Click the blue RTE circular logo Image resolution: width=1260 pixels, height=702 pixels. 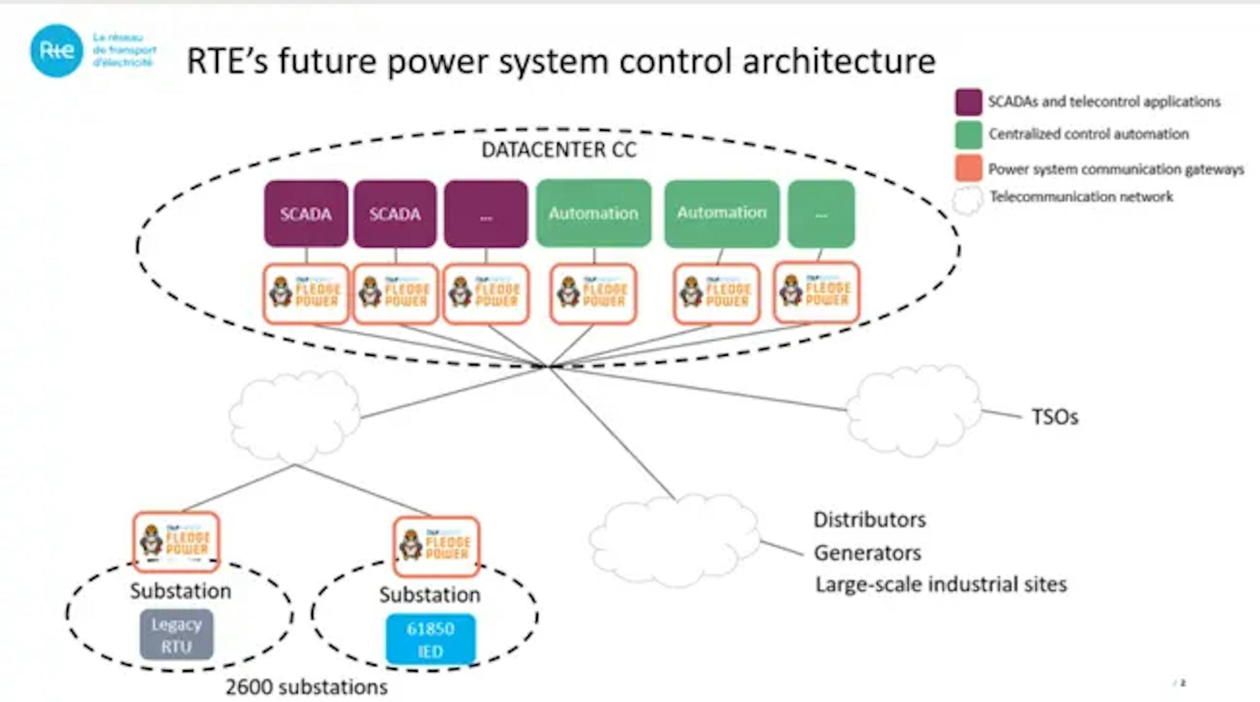point(57,51)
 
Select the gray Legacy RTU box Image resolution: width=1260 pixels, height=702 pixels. point(176,635)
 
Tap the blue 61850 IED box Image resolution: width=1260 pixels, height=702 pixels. point(430,639)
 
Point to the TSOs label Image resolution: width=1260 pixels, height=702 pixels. point(1054,417)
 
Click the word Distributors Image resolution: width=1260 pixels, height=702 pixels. point(869,520)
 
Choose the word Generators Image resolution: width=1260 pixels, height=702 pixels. point(867,553)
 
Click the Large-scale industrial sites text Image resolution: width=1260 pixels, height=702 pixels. point(941,585)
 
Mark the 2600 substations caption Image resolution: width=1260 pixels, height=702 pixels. point(306,687)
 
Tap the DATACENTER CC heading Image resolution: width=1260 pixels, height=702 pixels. point(558,150)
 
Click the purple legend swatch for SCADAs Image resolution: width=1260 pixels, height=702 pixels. point(968,102)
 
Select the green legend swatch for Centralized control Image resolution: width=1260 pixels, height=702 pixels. point(968,134)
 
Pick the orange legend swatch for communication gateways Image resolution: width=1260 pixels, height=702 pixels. point(968,168)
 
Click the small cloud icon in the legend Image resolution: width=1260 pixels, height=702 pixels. point(967,200)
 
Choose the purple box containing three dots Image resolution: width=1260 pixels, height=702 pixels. point(486,214)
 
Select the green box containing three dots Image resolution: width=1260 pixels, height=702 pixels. point(821,214)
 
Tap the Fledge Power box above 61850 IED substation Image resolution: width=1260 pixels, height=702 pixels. point(436,546)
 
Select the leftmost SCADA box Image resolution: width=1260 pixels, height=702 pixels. point(306,214)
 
